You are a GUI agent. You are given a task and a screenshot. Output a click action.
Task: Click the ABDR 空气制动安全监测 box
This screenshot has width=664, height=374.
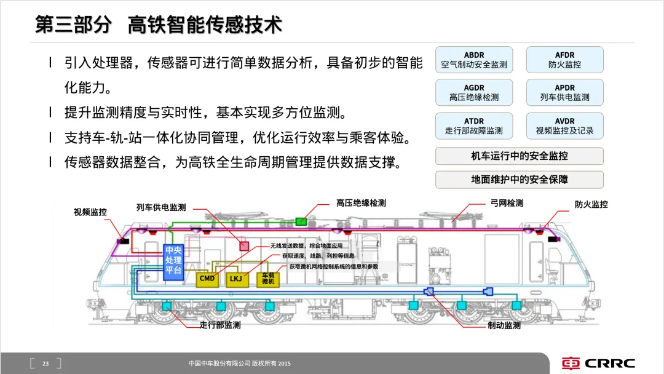474,60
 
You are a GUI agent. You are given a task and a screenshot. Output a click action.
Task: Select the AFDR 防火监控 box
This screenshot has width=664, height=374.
564,60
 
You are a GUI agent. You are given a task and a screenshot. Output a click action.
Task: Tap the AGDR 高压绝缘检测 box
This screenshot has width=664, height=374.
474,92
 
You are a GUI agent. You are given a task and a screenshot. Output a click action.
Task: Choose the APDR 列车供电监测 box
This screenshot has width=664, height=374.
564,92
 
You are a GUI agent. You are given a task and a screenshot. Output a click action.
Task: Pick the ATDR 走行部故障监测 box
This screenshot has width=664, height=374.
474,125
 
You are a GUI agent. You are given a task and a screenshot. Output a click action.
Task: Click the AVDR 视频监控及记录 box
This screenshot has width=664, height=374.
564,125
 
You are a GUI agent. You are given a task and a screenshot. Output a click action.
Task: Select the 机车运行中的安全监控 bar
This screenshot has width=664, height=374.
520,156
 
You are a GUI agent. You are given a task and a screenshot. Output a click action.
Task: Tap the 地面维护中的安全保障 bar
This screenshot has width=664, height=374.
520,180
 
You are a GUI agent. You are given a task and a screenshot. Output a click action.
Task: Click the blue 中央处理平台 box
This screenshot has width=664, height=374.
173,261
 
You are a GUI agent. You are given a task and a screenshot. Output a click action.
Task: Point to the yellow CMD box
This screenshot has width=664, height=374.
208,279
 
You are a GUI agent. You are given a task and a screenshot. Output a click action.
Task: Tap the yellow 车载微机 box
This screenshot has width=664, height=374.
268,279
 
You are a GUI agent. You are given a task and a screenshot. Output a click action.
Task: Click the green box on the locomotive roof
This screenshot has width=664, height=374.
301,221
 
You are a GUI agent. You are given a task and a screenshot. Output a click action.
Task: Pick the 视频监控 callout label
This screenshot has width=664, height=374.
90,212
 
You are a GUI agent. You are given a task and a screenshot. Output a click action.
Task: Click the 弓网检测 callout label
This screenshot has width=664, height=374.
507,203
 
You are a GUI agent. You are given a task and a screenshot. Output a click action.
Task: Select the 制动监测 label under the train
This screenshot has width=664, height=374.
504,325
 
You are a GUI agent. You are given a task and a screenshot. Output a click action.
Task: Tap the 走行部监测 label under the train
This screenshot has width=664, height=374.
220,325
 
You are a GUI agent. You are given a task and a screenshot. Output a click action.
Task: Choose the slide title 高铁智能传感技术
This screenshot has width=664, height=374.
205,25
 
